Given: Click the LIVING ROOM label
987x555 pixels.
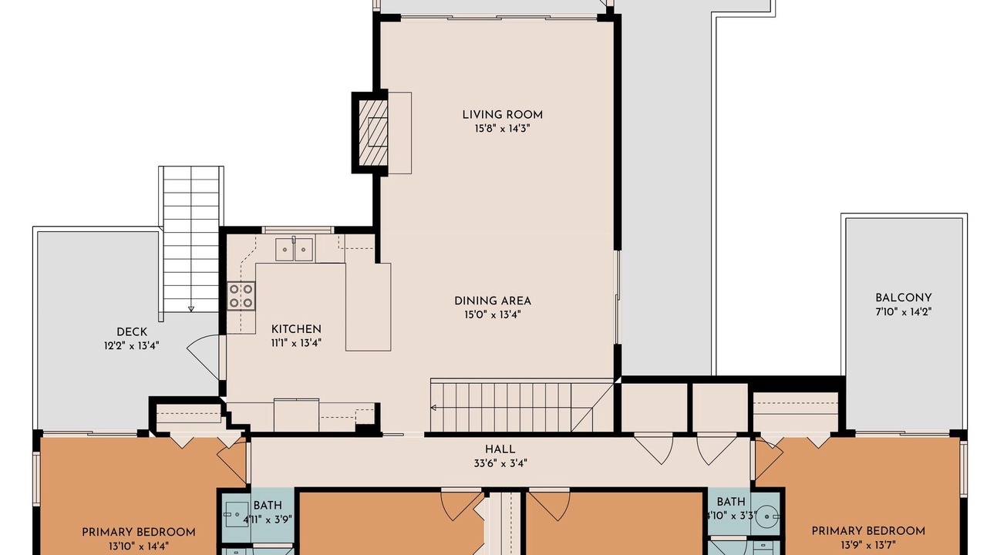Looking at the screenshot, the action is point(502,115).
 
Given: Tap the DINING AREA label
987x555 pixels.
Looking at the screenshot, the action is point(493,301).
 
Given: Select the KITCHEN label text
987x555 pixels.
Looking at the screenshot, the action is point(296,329).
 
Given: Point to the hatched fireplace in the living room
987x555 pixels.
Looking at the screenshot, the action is point(373,132).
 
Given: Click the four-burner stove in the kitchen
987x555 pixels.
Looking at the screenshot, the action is point(241,295).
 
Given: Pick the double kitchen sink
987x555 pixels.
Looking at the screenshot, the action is point(295,250).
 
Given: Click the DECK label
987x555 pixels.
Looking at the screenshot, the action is point(131,332).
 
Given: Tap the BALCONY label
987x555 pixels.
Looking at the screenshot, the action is point(903,298).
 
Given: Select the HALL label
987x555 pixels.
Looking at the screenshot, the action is point(500,449).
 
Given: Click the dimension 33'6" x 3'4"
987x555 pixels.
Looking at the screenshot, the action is point(500,463).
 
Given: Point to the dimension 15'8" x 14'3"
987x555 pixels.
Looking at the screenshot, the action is point(502,129).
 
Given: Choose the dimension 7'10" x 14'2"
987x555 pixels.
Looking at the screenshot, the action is point(903,312).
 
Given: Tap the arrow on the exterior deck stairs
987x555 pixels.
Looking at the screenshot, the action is point(191,309).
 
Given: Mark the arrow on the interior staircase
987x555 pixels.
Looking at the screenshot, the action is point(433,408).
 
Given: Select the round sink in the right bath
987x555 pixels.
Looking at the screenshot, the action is point(767,516).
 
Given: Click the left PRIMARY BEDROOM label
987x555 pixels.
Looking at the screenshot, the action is point(138,533).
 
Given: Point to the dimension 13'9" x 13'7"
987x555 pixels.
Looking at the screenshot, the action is point(868,545).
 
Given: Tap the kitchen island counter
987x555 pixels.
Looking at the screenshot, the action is point(369,307).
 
